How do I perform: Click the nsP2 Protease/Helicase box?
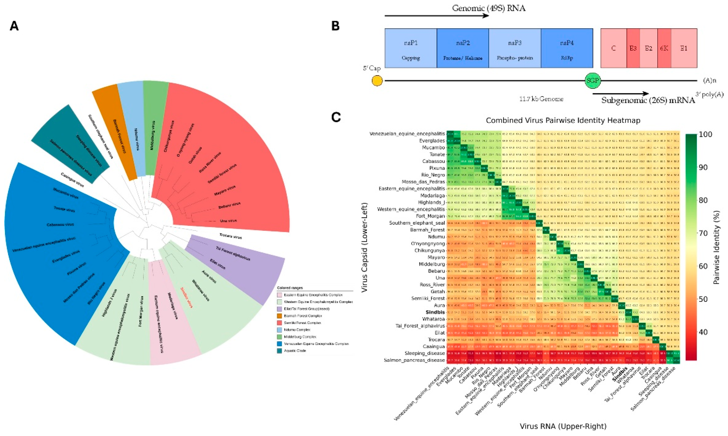click(x=463, y=48)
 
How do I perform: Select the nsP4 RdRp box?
click(x=566, y=48)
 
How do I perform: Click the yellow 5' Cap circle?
click(x=377, y=81)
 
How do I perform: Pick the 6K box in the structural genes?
click(x=664, y=48)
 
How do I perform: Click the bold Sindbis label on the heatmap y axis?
click(x=435, y=312)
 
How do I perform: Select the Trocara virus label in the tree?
click(x=231, y=236)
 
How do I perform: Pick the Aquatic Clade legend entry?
click(x=295, y=351)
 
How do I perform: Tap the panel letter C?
click(x=336, y=117)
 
